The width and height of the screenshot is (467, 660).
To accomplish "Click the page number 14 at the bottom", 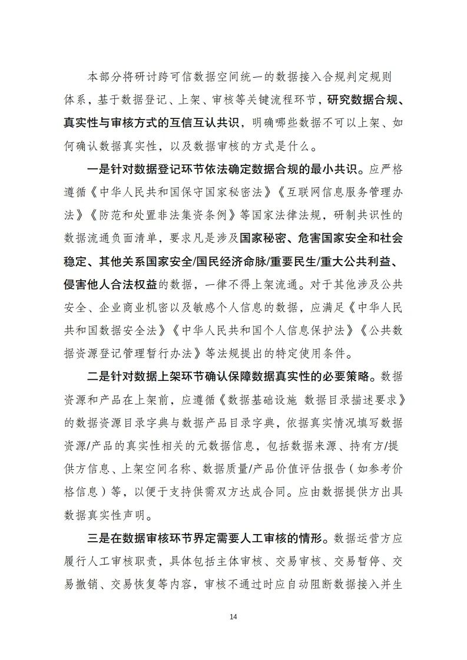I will click(x=233, y=616).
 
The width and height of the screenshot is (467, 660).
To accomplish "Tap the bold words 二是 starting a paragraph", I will click(x=97, y=376).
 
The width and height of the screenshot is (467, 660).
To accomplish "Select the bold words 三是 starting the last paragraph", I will click(x=97, y=538).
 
